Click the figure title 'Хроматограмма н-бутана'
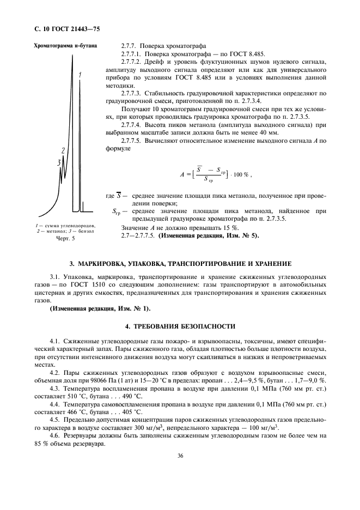coord(66,46)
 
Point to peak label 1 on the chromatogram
coord(80,74)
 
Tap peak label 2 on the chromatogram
coord(63,150)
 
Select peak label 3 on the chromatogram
coord(58,162)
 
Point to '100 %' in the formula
coord(239,174)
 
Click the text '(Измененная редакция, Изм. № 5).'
coord(209,235)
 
